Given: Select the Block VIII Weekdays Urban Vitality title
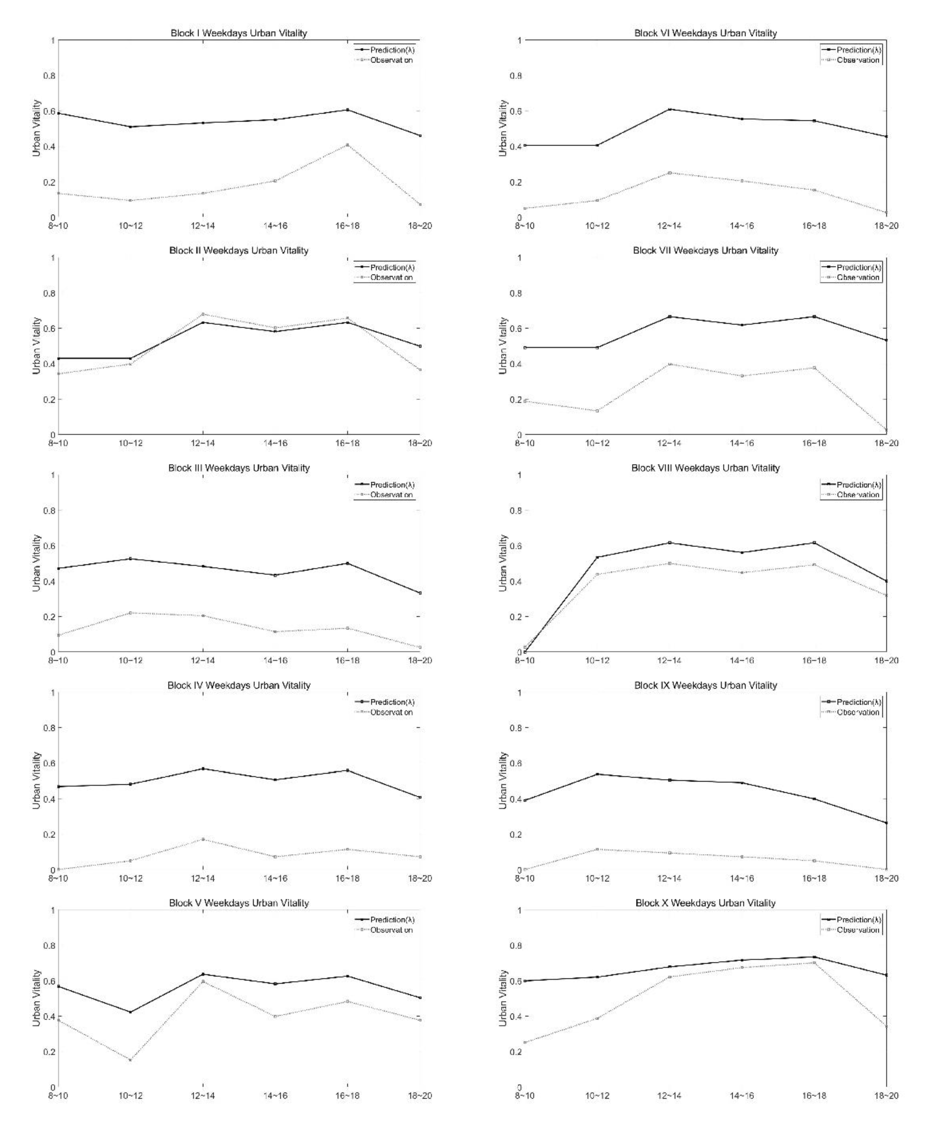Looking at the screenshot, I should coord(705,468).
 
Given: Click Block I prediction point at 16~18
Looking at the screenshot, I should coord(347,110).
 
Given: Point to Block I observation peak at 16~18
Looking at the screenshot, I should coord(347,145).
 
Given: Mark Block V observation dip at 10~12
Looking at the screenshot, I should coord(130,1060).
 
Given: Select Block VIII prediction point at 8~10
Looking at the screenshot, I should coord(525,652).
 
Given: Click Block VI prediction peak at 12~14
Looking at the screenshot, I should coord(670,110).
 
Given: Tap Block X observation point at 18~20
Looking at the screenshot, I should coord(886,1027).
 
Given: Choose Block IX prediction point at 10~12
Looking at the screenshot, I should coord(597,774).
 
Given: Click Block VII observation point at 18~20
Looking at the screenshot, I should coord(886,430).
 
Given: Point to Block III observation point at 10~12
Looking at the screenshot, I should coord(130,613).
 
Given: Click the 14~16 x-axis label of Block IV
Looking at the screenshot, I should coord(275,879).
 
